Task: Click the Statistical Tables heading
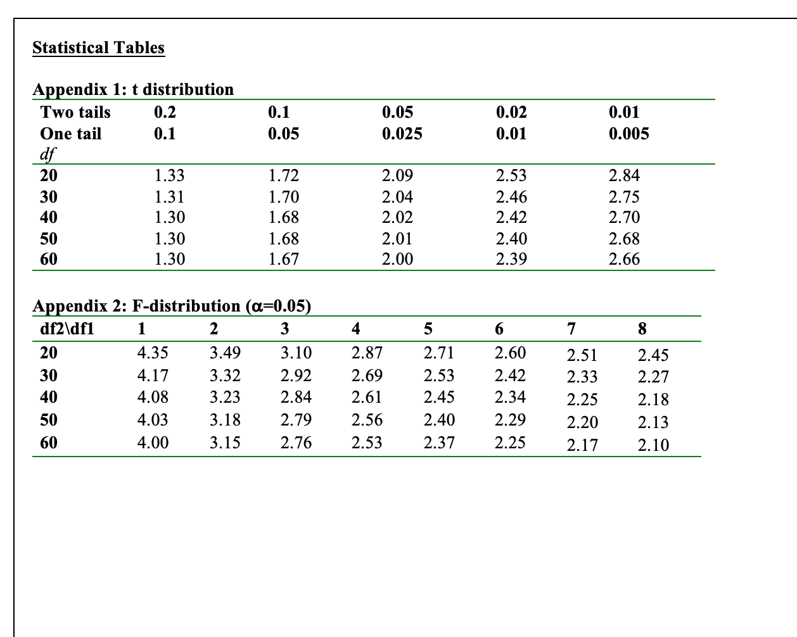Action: (x=98, y=48)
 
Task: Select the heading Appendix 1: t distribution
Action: (x=133, y=89)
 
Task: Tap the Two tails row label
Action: (x=75, y=113)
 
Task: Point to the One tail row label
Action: (x=70, y=134)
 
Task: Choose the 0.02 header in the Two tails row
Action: (x=511, y=113)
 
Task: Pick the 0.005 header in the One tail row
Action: (x=628, y=134)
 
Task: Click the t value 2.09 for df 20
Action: (x=397, y=175)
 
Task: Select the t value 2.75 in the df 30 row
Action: (x=624, y=197)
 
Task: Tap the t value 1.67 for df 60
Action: (x=283, y=259)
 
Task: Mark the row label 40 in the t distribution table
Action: (x=49, y=217)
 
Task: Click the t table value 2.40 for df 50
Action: (x=511, y=239)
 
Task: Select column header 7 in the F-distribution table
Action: (x=571, y=329)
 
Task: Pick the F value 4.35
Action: (x=153, y=353)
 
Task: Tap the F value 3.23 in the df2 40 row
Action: (x=225, y=398)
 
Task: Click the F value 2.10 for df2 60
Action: (x=653, y=445)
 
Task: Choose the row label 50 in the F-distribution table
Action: (x=49, y=420)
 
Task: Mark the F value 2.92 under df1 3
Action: (x=296, y=375)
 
